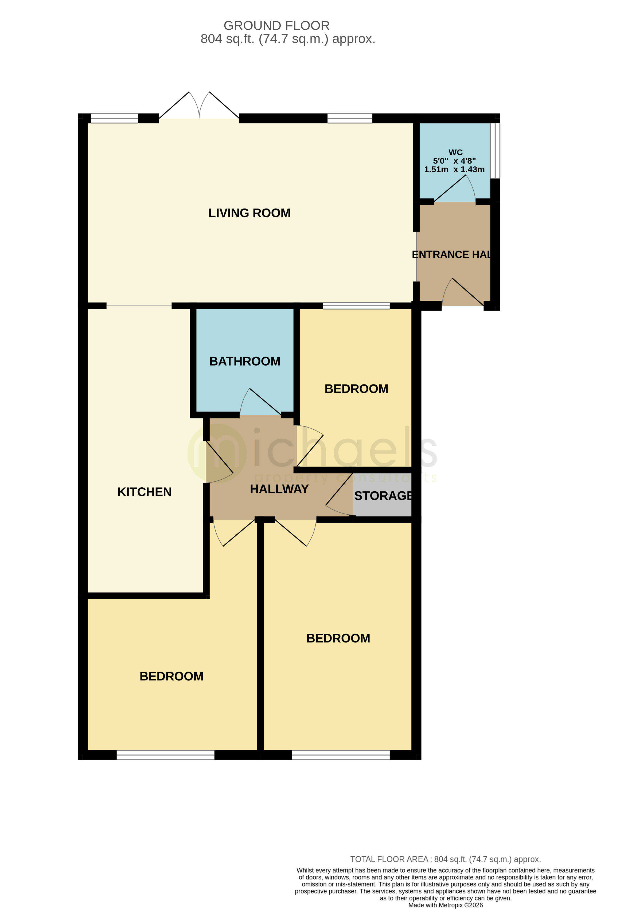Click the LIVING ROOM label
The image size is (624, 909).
tap(249, 213)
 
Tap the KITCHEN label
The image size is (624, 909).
tap(144, 492)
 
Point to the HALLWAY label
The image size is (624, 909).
tap(279, 489)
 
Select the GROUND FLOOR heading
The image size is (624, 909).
tap(276, 26)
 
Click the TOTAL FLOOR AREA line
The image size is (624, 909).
tap(445, 859)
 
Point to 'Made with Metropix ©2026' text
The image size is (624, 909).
tap(445, 905)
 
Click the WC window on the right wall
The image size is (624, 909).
tap(495, 151)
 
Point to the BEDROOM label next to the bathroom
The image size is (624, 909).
tap(356, 389)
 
